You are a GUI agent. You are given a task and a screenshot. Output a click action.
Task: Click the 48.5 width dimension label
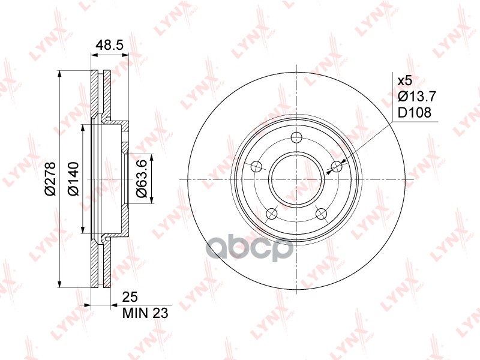click(109, 46)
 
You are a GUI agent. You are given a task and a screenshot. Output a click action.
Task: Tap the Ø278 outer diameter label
click(50, 178)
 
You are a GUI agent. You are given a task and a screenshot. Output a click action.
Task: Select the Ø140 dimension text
click(73, 179)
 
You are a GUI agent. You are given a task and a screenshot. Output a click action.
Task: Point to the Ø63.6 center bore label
click(142, 179)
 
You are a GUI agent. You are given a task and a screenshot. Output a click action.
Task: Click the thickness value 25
click(130, 297)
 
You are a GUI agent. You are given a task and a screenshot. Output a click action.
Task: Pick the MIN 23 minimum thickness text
click(145, 313)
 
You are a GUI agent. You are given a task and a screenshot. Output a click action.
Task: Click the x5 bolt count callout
click(404, 81)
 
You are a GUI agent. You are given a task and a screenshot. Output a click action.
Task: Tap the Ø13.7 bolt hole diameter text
click(416, 97)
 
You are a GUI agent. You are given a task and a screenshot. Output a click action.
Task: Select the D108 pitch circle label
click(414, 113)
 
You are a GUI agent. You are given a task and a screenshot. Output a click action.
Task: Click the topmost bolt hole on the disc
click(296, 137)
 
